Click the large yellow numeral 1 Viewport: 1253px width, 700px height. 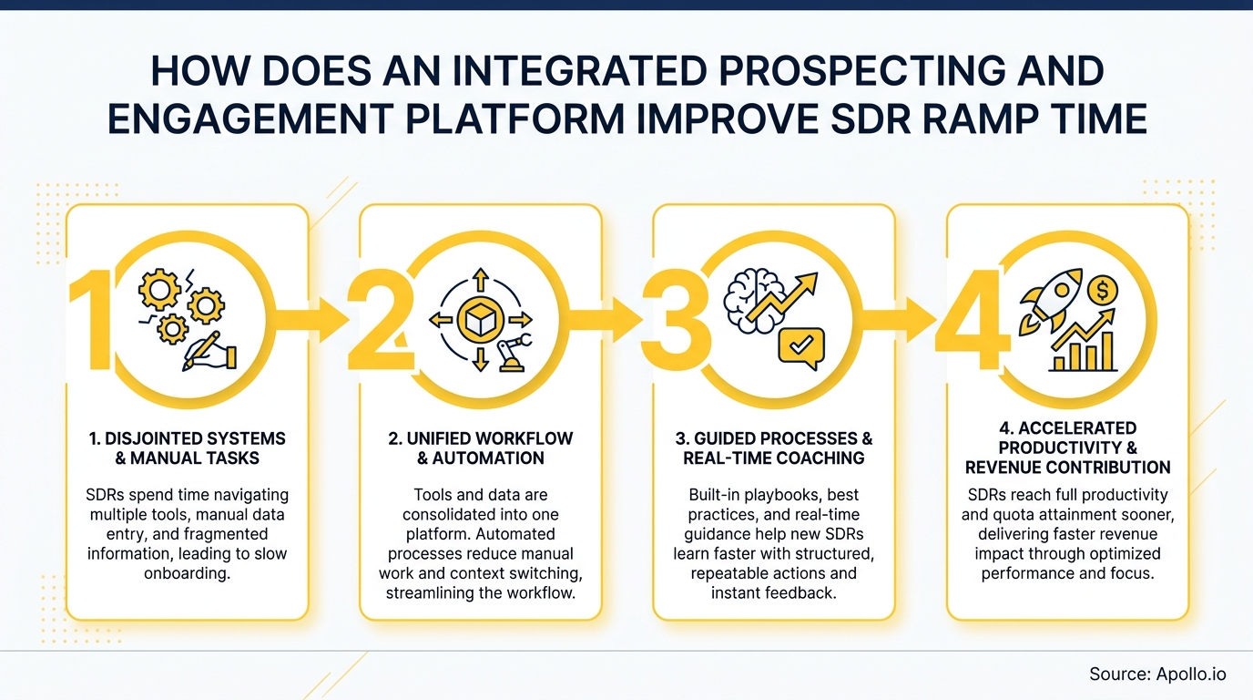pos(91,319)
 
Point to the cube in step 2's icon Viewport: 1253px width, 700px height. pos(480,318)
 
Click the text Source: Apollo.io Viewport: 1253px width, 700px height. pos(1157,674)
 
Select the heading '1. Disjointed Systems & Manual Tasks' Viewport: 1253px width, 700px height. pos(188,448)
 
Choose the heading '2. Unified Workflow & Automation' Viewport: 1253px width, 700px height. pos(481,448)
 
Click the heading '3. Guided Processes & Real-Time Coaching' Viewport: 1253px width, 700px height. pos(774,448)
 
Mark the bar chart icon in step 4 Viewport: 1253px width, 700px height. pos(1084,349)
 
